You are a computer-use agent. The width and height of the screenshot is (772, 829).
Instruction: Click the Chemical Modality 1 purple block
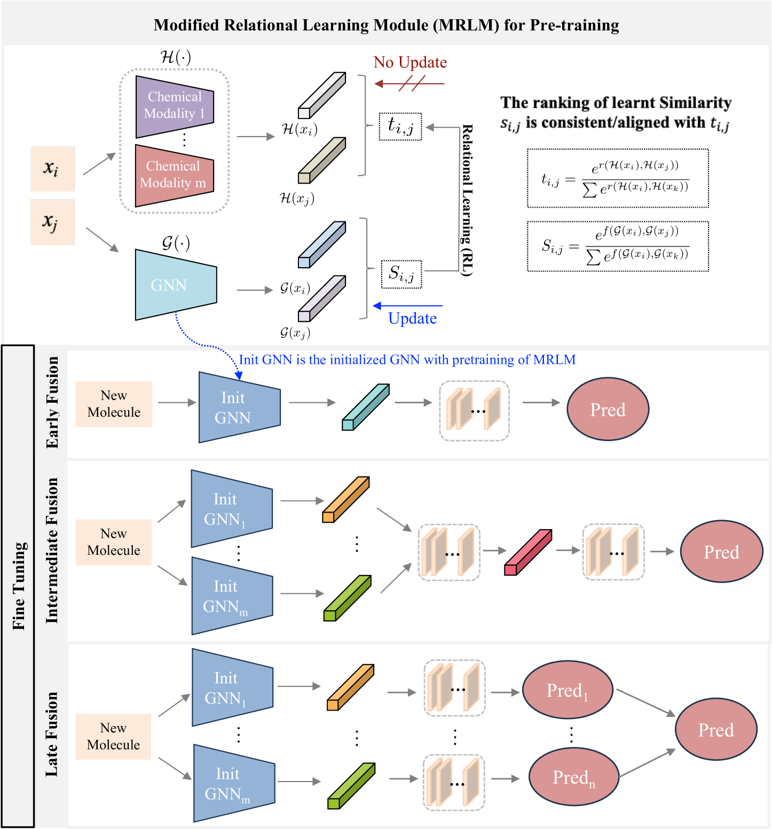(x=175, y=106)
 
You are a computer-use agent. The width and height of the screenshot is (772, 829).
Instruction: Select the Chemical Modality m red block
(x=174, y=176)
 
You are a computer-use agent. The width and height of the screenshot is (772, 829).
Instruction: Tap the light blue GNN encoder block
(x=175, y=285)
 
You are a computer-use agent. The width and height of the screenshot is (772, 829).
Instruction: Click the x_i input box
(x=52, y=169)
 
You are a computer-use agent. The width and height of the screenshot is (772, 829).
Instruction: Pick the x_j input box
(x=52, y=222)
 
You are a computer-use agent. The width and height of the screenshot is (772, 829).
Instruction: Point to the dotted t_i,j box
(x=400, y=126)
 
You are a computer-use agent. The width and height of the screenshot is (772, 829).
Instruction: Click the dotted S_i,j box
(x=401, y=274)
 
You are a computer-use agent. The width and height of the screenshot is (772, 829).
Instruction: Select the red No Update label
(x=410, y=62)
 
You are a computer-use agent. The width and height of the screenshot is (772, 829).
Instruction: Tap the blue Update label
(x=412, y=318)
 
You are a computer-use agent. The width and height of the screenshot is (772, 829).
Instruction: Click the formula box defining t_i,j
(x=618, y=178)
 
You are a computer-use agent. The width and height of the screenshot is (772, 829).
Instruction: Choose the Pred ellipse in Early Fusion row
(x=608, y=409)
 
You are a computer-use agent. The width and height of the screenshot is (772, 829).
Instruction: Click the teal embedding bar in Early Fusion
(x=365, y=407)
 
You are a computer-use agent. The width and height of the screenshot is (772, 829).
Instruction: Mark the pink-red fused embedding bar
(x=527, y=552)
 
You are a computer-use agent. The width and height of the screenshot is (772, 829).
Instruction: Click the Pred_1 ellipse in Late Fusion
(x=567, y=690)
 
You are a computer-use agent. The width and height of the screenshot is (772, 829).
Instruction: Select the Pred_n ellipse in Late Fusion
(x=573, y=777)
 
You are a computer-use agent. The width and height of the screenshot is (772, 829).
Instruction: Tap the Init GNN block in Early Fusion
(x=238, y=408)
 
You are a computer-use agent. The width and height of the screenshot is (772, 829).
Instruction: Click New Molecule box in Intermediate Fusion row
(x=114, y=542)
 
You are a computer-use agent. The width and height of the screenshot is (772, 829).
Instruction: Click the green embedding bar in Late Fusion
(x=351, y=786)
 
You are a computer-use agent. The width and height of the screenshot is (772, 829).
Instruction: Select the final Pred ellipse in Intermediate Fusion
(x=721, y=552)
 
